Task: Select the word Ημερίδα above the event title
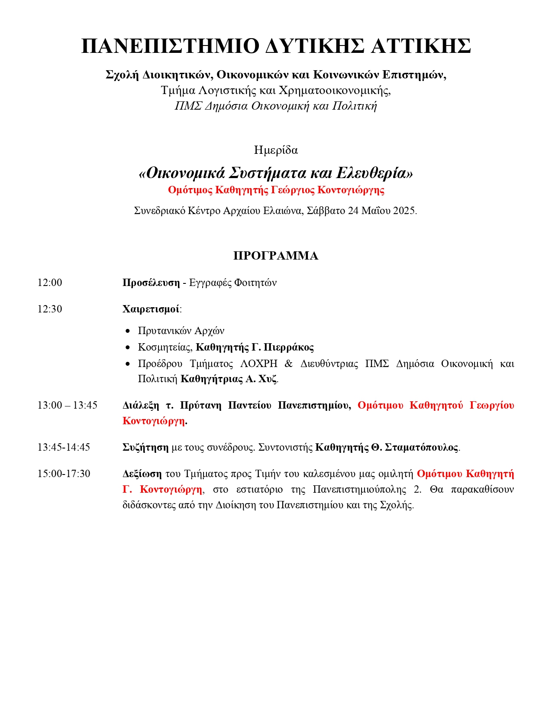pos(276,150)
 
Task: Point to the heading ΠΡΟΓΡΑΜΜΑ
pos(276,256)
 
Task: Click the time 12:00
pos(50,283)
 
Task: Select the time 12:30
pos(50,309)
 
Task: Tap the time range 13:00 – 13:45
pos(68,405)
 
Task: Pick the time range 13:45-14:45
pos(64,447)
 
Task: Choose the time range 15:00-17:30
pos(64,474)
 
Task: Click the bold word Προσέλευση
pos(151,283)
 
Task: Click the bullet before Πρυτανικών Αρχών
pos(127,331)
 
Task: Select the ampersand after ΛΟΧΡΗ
pos(289,364)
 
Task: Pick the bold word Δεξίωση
pos(142,474)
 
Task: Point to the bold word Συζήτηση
pos(145,447)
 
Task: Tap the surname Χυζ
pos(268,379)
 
